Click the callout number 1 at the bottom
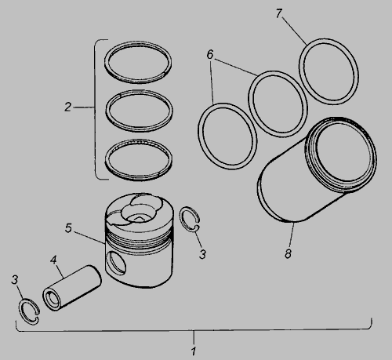(194, 351)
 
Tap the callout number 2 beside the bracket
(68, 107)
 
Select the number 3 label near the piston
(203, 254)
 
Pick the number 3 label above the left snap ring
(15, 280)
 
